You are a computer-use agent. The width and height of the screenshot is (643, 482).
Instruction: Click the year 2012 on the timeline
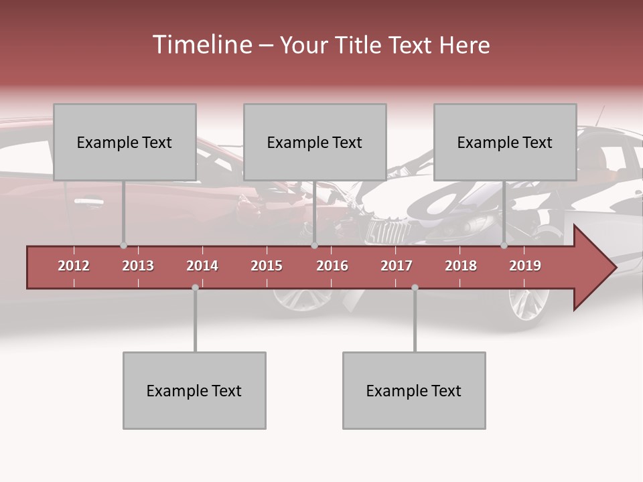74,266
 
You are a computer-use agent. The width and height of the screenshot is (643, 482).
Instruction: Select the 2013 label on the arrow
138,266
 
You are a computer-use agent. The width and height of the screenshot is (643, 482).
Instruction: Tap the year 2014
202,266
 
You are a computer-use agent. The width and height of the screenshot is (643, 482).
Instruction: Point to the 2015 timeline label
267,266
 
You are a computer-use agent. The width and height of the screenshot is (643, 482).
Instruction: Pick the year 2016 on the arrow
332,266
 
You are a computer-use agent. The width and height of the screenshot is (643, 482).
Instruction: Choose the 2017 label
397,266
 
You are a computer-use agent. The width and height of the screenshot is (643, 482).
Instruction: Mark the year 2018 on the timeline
461,266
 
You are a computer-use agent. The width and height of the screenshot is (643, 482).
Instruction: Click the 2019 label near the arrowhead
525,266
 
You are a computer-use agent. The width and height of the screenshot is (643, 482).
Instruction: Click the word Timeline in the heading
201,45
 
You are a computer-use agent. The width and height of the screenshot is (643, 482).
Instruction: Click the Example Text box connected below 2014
194,390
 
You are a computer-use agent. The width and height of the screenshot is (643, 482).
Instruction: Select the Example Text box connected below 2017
414,390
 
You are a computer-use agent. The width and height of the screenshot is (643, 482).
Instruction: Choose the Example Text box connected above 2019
505,142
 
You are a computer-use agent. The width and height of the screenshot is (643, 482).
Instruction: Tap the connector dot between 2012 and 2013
123,246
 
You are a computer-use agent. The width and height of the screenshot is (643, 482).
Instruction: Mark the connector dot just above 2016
314,246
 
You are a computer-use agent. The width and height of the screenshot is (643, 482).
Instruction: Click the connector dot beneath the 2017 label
415,288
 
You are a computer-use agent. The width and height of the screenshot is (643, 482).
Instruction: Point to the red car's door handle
88,200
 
